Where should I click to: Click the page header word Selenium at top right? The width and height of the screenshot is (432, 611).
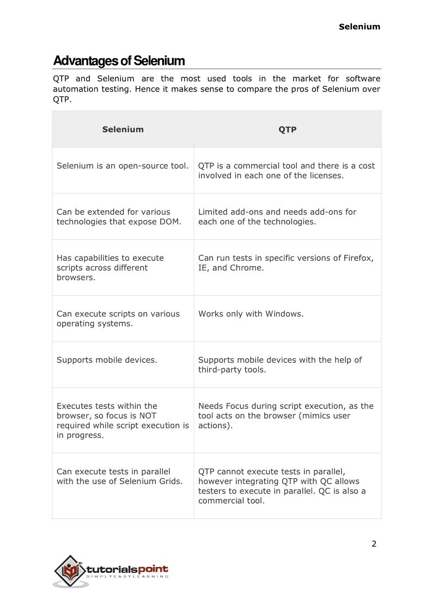click(x=360, y=26)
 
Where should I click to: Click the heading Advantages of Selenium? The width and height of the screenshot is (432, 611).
click(x=119, y=60)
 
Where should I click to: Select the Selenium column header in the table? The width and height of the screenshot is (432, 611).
click(x=123, y=130)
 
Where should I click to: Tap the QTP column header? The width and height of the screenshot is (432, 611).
click(x=287, y=130)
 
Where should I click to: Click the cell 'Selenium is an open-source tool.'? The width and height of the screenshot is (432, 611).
click(x=123, y=166)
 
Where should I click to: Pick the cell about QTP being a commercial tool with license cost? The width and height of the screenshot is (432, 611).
click(x=287, y=170)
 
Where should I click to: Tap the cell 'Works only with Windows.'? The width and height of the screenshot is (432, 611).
click(x=251, y=314)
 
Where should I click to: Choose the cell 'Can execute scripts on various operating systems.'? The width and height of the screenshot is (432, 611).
click(x=118, y=319)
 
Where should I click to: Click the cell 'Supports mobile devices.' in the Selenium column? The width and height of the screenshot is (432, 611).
click(x=107, y=360)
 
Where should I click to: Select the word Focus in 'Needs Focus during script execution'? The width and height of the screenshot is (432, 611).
click(x=236, y=406)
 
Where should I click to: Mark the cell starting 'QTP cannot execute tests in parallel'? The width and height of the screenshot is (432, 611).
click(x=282, y=486)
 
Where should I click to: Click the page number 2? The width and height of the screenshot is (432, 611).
click(x=374, y=543)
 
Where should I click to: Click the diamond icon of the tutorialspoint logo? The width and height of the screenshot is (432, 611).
click(x=69, y=570)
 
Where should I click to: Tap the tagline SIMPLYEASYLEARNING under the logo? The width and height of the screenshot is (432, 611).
click(x=127, y=577)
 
